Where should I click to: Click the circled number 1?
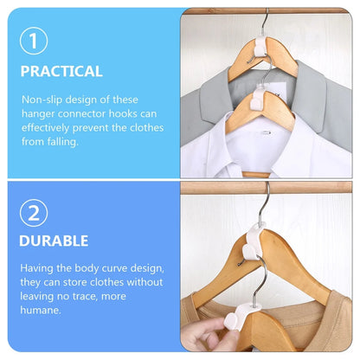(34, 40)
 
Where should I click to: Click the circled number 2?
(34, 213)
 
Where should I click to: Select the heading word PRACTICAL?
(61, 71)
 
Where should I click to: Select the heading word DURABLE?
(55, 240)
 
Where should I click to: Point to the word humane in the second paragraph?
(41, 310)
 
